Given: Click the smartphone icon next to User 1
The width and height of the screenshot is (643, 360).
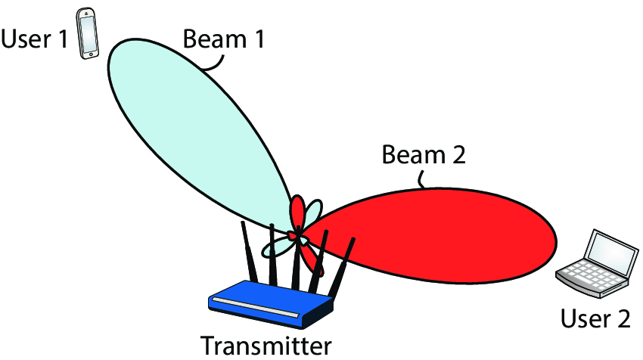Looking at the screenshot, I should pyautogui.click(x=89, y=33).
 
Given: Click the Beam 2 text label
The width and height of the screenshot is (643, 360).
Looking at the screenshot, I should pyautogui.click(x=424, y=157).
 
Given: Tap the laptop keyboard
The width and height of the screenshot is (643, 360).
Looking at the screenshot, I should pyautogui.click(x=587, y=276).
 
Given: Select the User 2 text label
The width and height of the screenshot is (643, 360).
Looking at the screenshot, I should pyautogui.click(x=595, y=318).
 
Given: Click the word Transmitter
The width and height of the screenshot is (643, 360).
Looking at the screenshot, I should pyautogui.click(x=266, y=345).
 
